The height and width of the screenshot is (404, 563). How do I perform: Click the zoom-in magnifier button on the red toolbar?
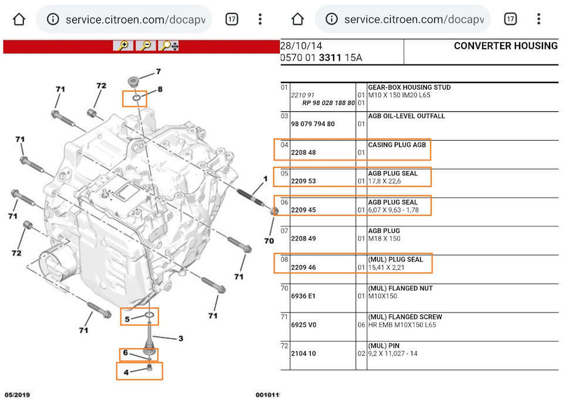(x=123, y=46)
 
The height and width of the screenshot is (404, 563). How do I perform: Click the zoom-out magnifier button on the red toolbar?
(x=146, y=46)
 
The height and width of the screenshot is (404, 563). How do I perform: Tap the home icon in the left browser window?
(x=19, y=19)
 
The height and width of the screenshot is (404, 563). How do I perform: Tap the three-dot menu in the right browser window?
(x=538, y=19)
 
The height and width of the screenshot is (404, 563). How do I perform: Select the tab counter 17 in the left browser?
(x=232, y=19)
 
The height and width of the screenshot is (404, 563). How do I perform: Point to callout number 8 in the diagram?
(x=160, y=90)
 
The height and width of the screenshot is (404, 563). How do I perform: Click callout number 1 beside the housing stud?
(x=265, y=178)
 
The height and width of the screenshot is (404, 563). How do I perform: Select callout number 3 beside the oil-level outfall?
(x=181, y=338)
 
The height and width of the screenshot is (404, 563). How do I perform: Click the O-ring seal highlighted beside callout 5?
(x=150, y=317)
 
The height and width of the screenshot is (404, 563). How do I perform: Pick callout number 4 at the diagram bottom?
(x=126, y=372)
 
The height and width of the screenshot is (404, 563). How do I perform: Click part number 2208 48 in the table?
(x=303, y=152)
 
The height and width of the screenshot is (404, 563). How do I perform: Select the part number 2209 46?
(x=303, y=267)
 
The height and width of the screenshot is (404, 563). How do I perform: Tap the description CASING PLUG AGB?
(x=396, y=145)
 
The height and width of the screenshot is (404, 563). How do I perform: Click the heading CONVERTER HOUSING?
(x=506, y=46)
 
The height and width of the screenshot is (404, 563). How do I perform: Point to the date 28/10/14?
(x=301, y=46)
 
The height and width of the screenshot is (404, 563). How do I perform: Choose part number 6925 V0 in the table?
(x=303, y=325)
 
